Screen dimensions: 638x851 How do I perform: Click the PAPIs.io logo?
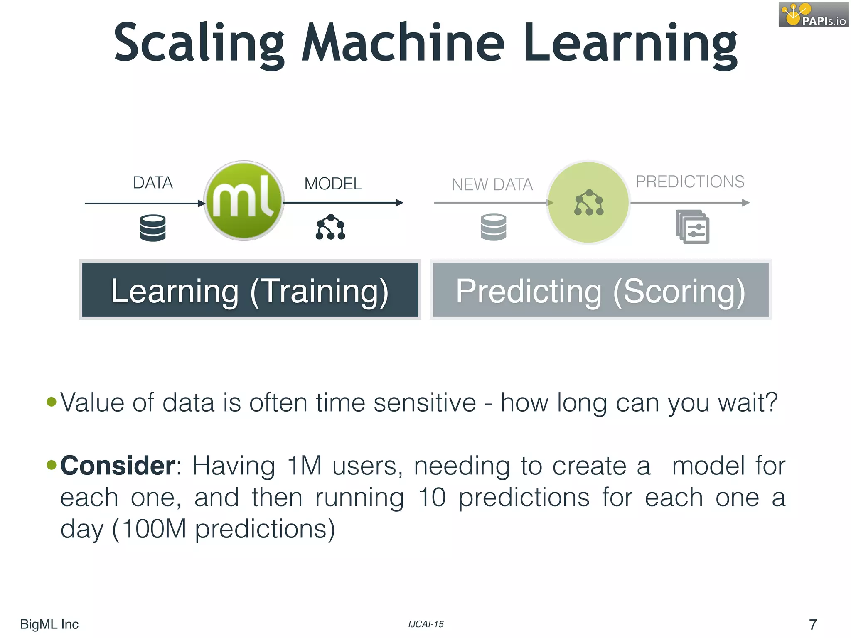(x=813, y=14)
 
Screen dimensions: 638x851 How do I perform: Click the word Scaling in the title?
(x=199, y=43)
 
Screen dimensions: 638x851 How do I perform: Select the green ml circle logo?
(x=244, y=201)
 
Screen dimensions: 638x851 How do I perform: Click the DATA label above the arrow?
(x=152, y=183)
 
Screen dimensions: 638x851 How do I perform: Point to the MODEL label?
(x=333, y=184)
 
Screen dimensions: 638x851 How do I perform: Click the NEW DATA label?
(x=492, y=184)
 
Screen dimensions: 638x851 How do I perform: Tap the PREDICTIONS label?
(x=690, y=182)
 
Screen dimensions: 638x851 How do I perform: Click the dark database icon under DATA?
(x=153, y=228)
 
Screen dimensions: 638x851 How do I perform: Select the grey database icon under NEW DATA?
(x=493, y=227)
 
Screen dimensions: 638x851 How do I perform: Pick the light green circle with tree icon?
(x=588, y=202)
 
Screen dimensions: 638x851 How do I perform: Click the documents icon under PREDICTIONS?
(x=692, y=227)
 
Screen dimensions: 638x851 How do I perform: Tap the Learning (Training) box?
(x=250, y=290)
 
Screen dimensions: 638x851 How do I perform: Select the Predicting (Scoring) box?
(x=600, y=290)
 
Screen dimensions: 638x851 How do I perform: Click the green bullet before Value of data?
(x=52, y=402)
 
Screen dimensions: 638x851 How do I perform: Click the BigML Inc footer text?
(x=49, y=624)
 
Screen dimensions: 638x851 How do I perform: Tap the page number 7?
(x=813, y=624)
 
